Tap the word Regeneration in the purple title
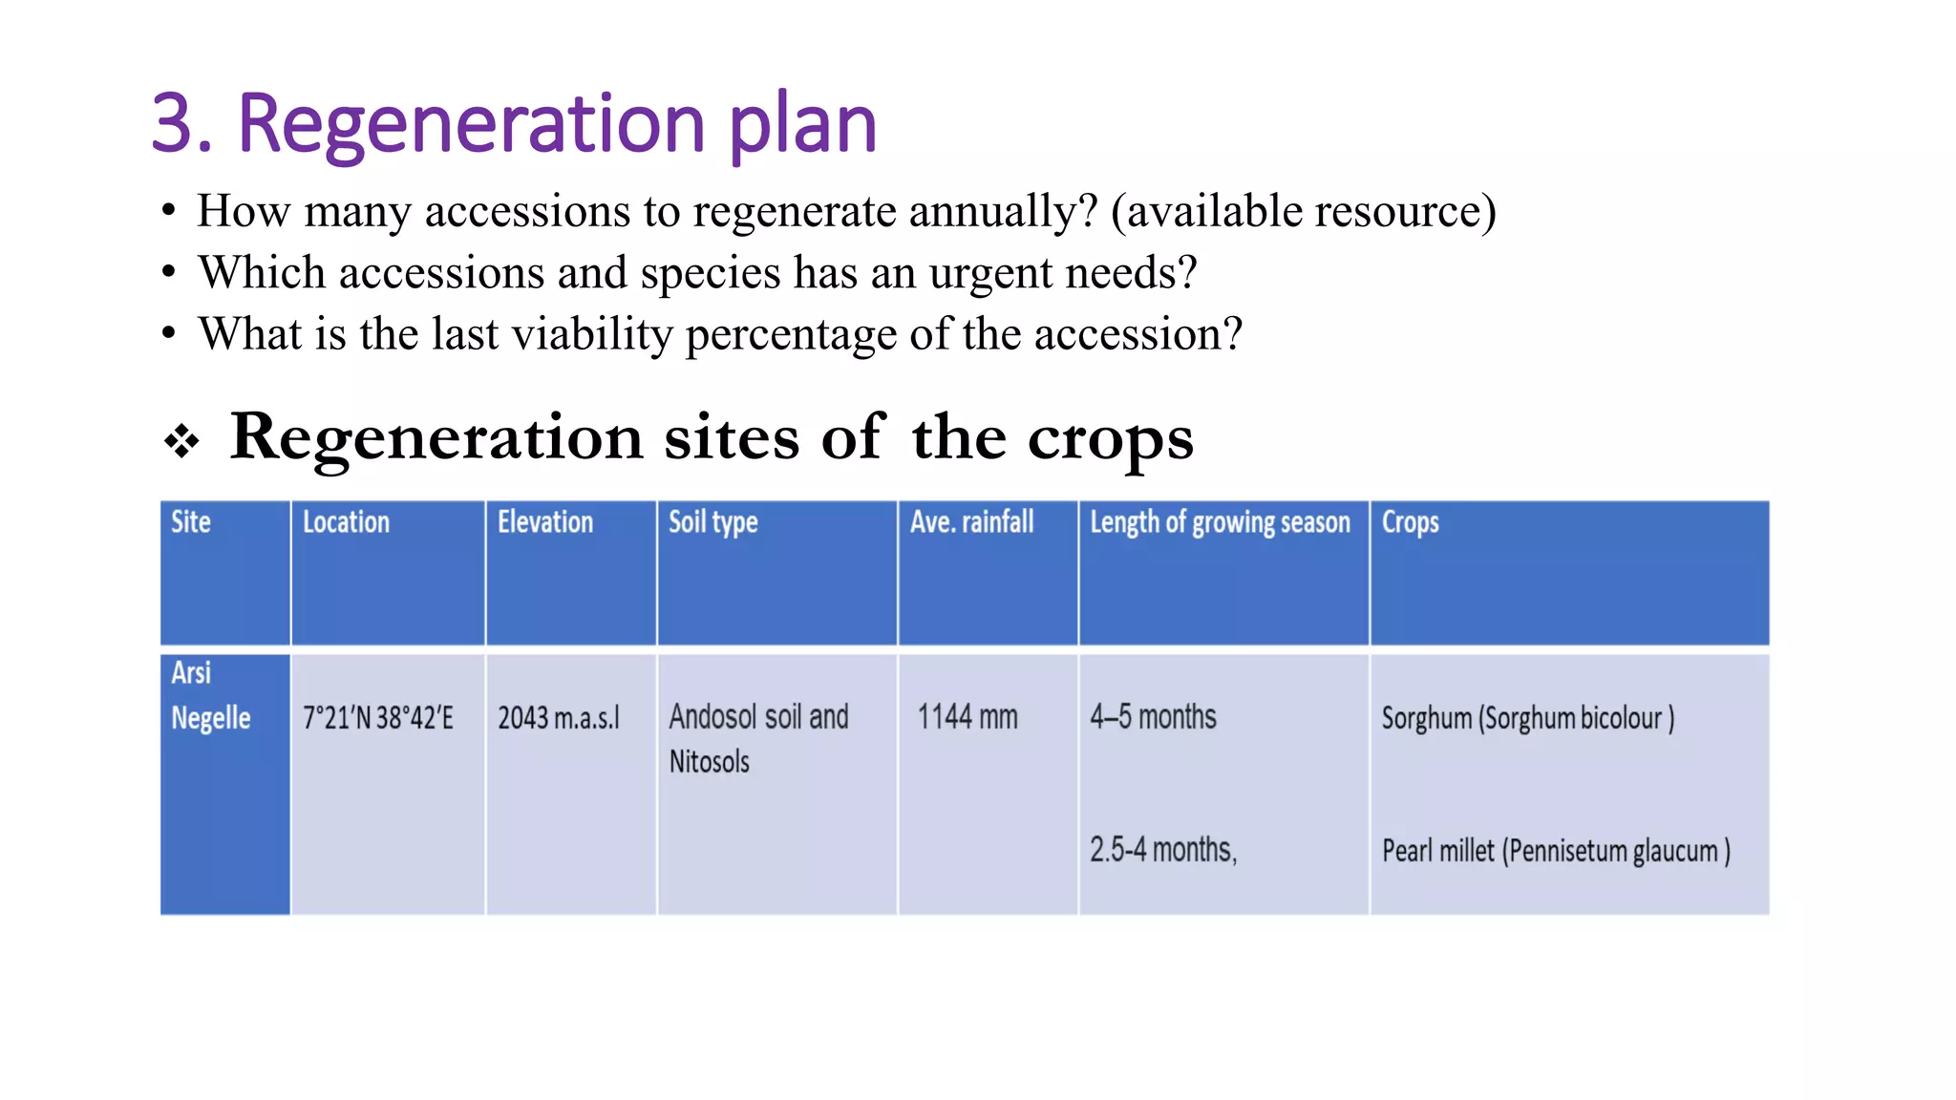point(471,124)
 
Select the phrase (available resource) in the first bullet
point(1303,211)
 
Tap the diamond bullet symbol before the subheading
point(181,441)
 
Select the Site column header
point(191,522)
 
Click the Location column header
point(346,522)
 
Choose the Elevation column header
point(545,522)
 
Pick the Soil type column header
point(712,522)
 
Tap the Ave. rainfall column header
point(971,522)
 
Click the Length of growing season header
point(1220,522)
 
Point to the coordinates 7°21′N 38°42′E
point(378,718)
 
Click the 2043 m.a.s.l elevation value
point(559,718)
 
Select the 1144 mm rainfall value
point(967,717)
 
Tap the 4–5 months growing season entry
point(1153,717)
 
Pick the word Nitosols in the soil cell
point(709,762)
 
